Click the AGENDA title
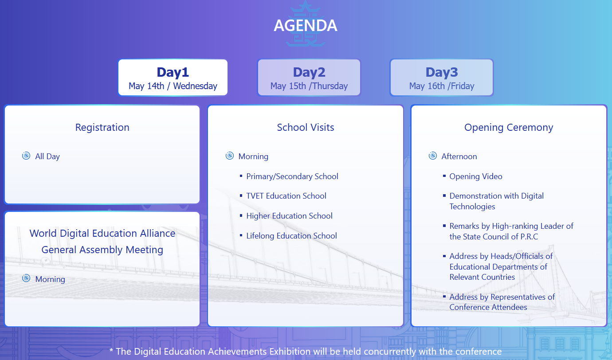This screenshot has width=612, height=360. tap(306, 25)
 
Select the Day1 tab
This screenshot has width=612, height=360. tap(173, 78)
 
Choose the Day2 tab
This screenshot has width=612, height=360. tap(309, 78)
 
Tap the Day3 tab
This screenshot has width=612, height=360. tap(442, 78)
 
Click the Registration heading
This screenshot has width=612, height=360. tap(102, 128)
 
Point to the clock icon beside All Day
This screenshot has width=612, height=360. tap(26, 156)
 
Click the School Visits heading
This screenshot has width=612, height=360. tap(306, 127)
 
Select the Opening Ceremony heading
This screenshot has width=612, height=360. tap(509, 128)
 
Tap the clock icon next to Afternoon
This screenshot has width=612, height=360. tap(432, 156)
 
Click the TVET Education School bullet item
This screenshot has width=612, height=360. tap(286, 196)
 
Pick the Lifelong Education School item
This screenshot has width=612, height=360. tap(291, 236)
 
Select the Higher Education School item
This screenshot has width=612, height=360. tap(289, 216)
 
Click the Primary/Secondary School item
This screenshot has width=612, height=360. tap(292, 176)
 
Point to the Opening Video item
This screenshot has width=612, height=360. tap(476, 176)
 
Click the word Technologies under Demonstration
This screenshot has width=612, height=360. tap(472, 207)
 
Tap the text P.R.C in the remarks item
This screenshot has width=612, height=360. tap(529, 237)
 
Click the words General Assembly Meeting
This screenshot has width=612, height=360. tap(102, 250)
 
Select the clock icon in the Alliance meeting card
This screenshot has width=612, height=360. tap(26, 278)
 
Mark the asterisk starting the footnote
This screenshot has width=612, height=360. tap(111, 350)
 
